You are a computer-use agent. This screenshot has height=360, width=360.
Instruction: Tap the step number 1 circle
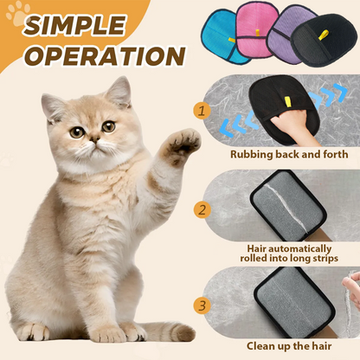(202, 110)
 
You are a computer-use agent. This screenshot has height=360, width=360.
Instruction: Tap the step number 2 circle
(202, 209)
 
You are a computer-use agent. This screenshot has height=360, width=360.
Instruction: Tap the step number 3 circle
(202, 305)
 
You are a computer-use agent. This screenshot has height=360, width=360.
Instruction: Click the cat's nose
(90, 144)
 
